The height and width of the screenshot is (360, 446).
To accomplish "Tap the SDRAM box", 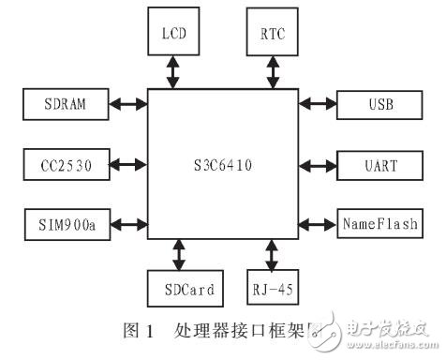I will [x=64, y=104].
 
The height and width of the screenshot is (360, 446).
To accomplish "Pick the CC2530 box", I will [x=64, y=166].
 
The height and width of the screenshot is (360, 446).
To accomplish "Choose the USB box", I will [x=378, y=104].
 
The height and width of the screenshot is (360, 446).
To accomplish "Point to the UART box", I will [x=378, y=166].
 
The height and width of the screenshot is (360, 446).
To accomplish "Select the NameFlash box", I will [x=378, y=226].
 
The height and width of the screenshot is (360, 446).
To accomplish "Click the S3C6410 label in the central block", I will [x=222, y=167].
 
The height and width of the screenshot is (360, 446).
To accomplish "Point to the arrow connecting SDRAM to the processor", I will [x=126, y=104].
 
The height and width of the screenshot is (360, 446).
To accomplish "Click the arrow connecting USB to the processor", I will [x=318, y=104].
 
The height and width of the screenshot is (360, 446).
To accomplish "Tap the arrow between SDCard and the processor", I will [x=178, y=253].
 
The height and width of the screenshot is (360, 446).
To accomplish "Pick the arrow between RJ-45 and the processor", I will [x=273, y=253].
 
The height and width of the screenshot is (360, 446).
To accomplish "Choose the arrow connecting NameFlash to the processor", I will [x=318, y=226].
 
